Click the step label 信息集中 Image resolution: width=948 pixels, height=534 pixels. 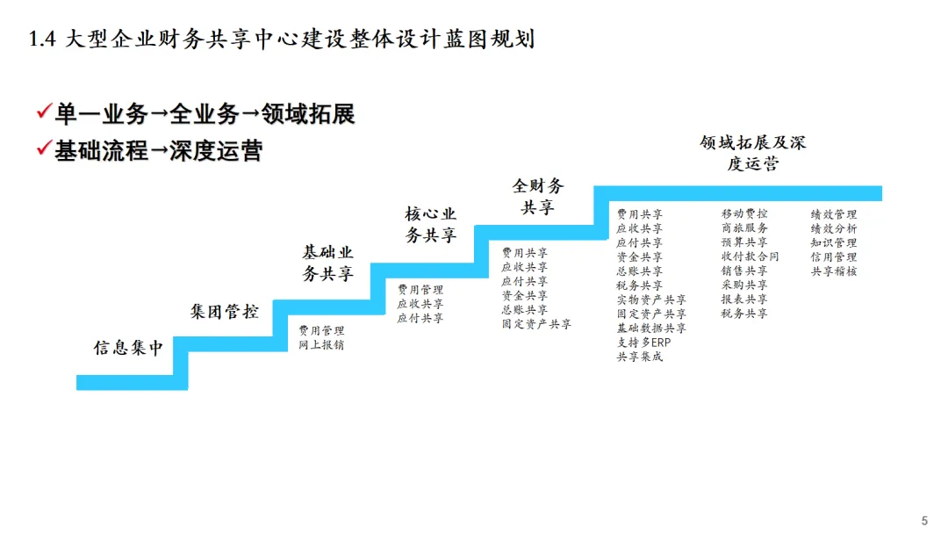[129, 348]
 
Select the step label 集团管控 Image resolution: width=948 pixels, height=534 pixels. [225, 311]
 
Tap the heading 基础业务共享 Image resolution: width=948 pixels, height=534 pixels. [327, 263]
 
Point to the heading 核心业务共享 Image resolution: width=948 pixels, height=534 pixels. [430, 225]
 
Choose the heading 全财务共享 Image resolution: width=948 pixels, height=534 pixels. [538, 197]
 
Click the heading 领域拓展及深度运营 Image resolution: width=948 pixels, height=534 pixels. [752, 153]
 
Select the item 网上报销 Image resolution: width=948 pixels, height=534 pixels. [321, 345]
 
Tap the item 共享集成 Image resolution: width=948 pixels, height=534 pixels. [639, 357]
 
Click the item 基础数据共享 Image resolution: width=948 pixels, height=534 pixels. [651, 328]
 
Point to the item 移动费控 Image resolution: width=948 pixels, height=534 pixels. [744, 214]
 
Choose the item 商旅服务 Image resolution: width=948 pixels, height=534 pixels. [744, 228]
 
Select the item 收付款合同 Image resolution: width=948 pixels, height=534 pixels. [750, 257]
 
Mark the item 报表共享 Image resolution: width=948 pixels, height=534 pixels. [744, 299]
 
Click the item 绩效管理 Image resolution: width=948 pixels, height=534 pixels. [833, 214]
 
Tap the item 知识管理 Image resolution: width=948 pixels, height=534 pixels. [833, 243]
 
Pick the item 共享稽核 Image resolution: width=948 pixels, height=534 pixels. [833, 271]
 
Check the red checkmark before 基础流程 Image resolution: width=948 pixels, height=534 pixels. [43, 149]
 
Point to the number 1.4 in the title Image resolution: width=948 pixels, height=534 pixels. [42, 40]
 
